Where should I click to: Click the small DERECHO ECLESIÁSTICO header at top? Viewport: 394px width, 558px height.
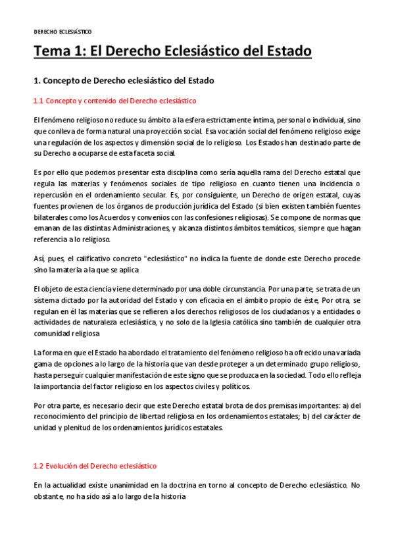point(62,32)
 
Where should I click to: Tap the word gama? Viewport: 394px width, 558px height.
point(42,364)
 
